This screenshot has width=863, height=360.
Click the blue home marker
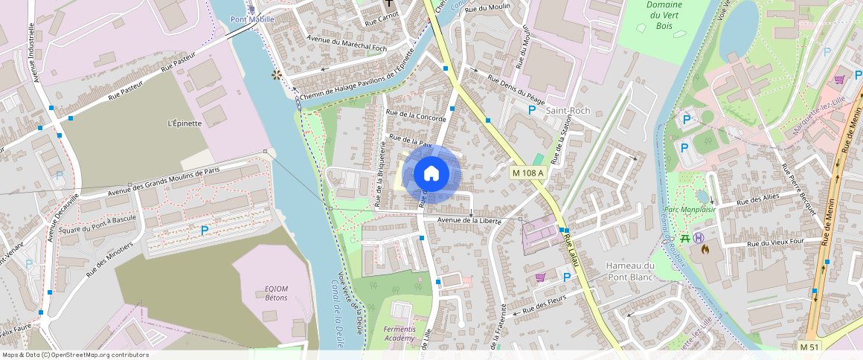point(431,174)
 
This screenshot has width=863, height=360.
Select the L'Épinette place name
point(185,123)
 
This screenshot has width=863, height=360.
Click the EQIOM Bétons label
point(276,293)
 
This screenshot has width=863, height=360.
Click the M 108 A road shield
point(528,173)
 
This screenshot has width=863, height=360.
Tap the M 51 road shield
point(809,347)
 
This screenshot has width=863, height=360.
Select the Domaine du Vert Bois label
point(665,15)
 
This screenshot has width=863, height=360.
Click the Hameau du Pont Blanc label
point(629,271)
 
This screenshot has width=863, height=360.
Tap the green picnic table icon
point(684,239)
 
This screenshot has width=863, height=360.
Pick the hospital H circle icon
point(699,238)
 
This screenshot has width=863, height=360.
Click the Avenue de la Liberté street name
point(466,220)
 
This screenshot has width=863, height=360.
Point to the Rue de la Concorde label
point(415,116)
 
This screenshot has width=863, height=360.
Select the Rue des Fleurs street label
point(545,303)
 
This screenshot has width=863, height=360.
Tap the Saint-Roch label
point(568,111)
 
